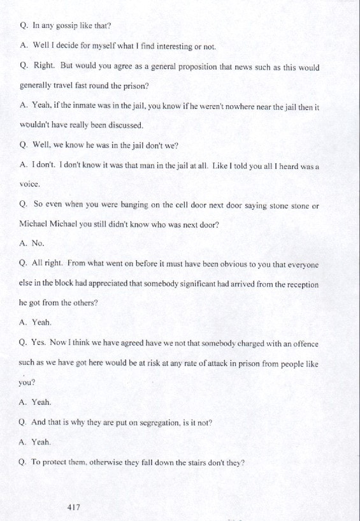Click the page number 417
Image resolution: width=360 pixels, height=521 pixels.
pos(73,507)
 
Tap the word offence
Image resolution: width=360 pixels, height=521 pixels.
pos(303,343)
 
